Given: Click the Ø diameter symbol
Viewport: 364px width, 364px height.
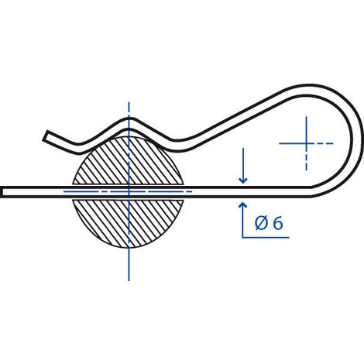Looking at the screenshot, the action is point(261,223).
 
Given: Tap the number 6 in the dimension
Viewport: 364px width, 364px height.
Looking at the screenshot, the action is point(278,224).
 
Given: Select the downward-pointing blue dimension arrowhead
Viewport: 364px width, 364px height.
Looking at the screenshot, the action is point(243,180).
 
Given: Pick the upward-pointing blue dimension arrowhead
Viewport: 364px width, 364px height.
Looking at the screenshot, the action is point(242,205).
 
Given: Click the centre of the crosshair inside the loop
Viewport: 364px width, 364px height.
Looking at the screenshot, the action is point(306,143).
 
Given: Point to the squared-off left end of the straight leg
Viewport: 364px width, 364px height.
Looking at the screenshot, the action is point(2,192).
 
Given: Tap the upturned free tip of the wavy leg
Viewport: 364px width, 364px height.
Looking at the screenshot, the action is point(46,136).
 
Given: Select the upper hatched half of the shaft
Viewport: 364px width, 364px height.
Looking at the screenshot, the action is point(129,160).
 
